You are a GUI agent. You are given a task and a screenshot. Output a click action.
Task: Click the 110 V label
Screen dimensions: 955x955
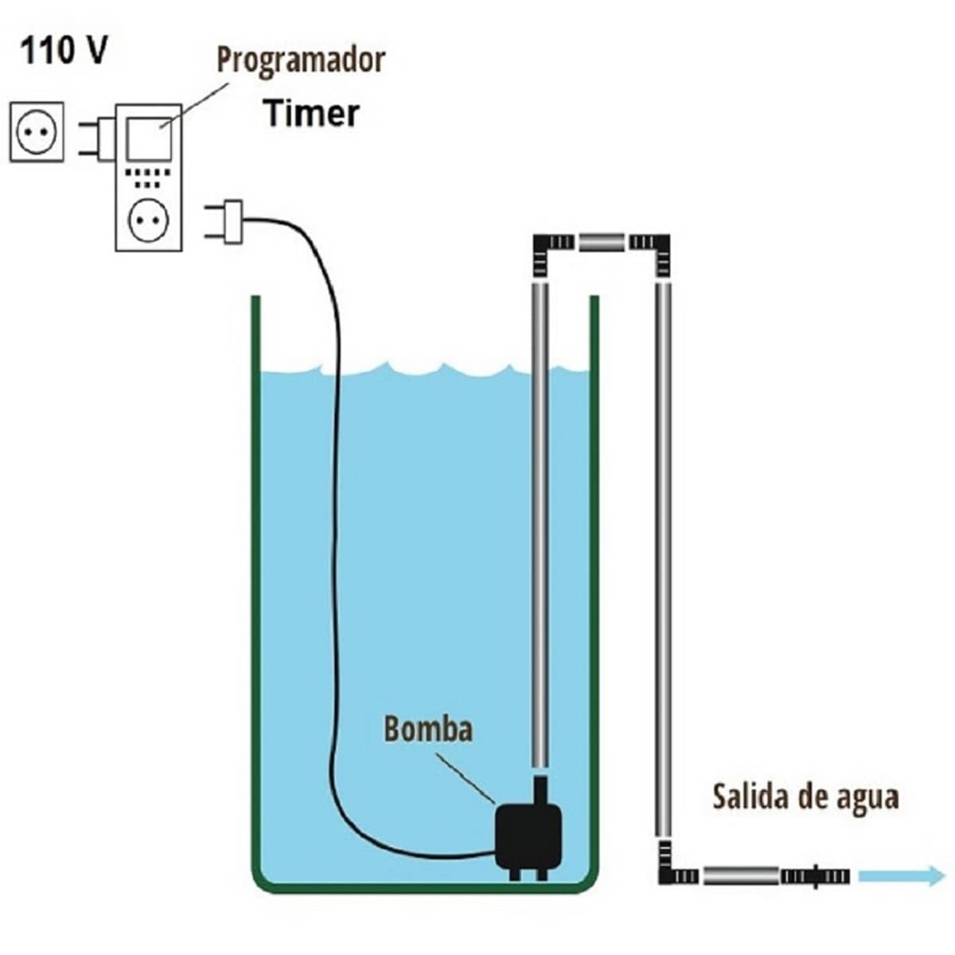(x=64, y=51)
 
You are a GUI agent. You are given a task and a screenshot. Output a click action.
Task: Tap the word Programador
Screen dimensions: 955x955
(x=301, y=60)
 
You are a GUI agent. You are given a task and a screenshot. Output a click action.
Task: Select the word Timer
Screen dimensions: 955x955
(x=311, y=113)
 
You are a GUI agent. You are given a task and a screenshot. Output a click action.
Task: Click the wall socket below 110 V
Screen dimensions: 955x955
(x=37, y=131)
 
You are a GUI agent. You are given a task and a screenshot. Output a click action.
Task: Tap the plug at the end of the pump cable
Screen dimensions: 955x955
(x=226, y=221)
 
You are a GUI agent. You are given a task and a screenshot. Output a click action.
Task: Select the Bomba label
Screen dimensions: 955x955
(x=428, y=728)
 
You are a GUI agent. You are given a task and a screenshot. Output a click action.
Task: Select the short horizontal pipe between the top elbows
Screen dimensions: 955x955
(x=601, y=241)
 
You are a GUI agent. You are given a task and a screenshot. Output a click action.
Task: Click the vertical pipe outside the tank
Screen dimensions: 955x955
(x=662, y=557)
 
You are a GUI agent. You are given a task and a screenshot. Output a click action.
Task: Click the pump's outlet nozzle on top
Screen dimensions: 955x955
(x=540, y=792)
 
